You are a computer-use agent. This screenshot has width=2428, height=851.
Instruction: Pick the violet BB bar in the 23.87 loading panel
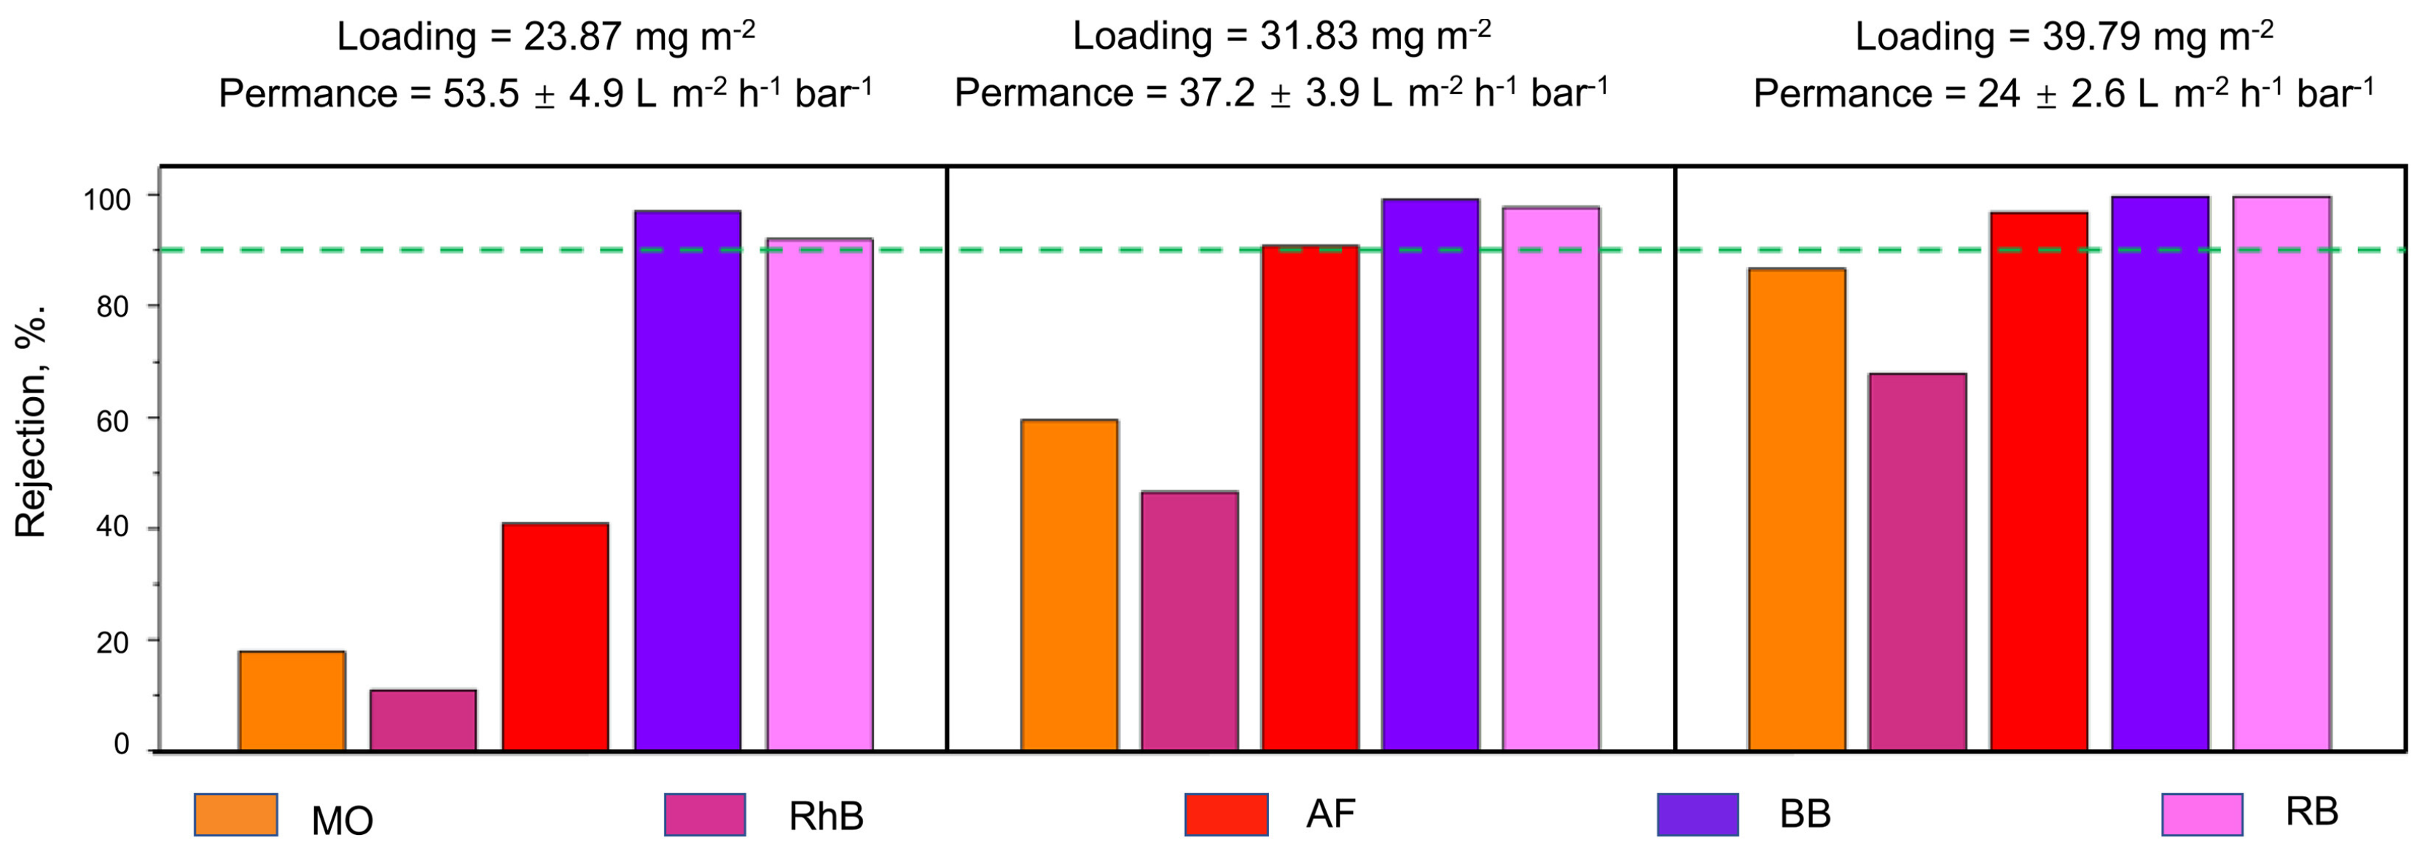pyautogui.click(x=687, y=481)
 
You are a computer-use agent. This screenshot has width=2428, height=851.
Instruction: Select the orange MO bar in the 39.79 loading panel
pyautogui.click(x=1797, y=509)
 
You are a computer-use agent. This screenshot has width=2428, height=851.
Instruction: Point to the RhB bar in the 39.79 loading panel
pyautogui.click(x=1917, y=562)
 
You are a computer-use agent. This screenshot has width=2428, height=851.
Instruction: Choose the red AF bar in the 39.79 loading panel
pyautogui.click(x=2038, y=481)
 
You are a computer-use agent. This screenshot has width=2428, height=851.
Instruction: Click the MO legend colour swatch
pyautogui.click(x=235, y=815)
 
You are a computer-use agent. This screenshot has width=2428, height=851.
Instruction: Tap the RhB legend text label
pyautogui.click(x=826, y=816)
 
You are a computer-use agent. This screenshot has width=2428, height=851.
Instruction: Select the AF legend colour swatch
pyautogui.click(x=1225, y=815)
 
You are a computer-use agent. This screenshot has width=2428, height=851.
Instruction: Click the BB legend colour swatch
pyautogui.click(x=1698, y=815)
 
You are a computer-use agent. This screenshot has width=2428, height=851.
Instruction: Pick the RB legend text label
pyautogui.click(x=2311, y=812)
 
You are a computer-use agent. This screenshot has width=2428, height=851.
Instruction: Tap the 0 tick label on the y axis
pyautogui.click(x=121, y=745)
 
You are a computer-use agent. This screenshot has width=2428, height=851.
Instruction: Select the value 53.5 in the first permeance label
pyautogui.click(x=480, y=94)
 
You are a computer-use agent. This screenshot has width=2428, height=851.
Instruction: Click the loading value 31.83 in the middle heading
pyautogui.click(x=1308, y=36)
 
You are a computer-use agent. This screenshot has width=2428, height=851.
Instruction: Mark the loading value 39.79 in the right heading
pyautogui.click(x=2091, y=36)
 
